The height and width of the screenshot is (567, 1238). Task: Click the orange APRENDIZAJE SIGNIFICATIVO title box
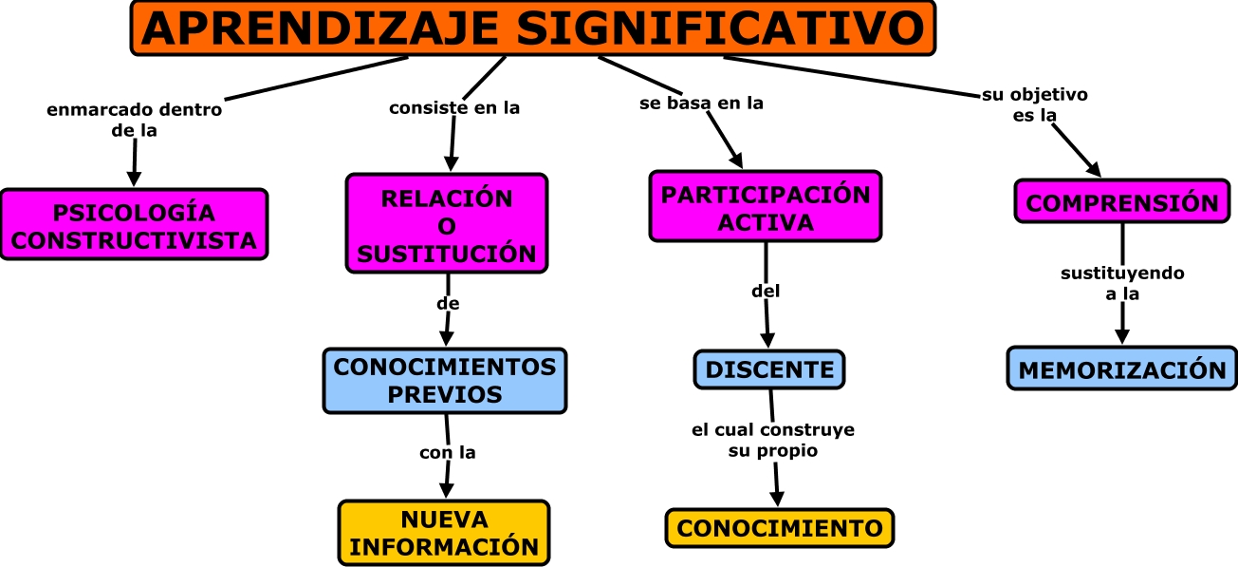pos(532,28)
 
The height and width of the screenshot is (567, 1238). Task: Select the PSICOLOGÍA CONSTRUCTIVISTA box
pos(134,224)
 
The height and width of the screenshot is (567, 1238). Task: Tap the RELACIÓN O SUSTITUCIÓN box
pos(447,225)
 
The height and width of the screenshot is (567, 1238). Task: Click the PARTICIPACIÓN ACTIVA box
pos(766,207)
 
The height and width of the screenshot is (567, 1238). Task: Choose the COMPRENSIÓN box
pos(1122,201)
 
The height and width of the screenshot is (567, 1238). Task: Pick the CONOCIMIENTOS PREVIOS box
pos(445,380)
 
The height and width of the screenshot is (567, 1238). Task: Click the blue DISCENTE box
pos(769,369)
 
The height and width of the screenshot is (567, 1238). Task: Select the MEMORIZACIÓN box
pos(1123,369)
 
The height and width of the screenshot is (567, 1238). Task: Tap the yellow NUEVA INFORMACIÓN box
pos(444,533)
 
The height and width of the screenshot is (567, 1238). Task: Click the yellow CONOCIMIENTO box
pos(780,528)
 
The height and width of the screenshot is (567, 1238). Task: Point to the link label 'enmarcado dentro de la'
pos(134,120)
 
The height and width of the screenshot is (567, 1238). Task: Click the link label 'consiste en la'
pos(454,107)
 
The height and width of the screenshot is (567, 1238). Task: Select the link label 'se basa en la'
pos(701,104)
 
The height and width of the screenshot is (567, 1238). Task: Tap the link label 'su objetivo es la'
pos(1034,104)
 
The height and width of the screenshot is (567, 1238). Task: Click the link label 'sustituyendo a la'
pos(1122,283)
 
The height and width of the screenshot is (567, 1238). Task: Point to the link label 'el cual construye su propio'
pos(773,440)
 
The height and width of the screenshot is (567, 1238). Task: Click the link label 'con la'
pos(447,452)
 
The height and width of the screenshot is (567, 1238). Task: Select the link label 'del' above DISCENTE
pos(766,291)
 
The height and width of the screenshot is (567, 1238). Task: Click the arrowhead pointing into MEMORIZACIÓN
pos(1123,335)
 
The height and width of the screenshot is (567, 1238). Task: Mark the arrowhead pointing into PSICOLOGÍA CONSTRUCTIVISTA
pos(134,178)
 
